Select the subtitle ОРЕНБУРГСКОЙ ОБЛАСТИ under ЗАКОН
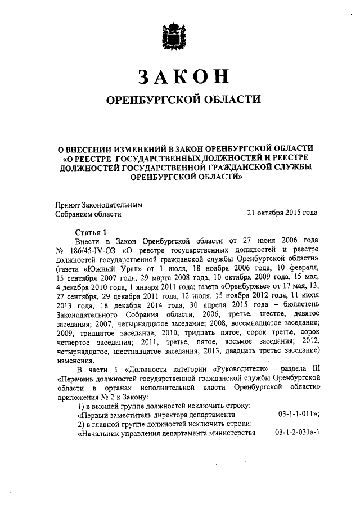click(184, 100)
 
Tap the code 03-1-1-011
click(299, 414)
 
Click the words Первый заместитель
click(115, 415)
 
